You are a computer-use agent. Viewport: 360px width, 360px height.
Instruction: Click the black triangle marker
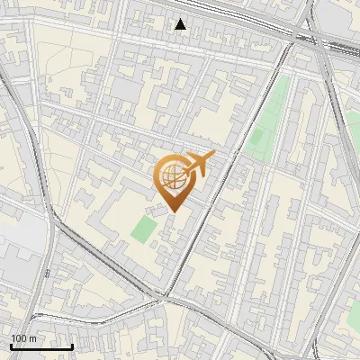(181, 24)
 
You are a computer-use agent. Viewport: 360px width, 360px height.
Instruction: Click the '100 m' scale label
(24, 338)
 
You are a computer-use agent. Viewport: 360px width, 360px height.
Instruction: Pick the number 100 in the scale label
(20, 338)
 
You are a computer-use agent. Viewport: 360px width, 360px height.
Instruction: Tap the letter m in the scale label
(32, 338)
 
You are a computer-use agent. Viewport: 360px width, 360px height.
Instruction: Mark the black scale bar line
(41, 346)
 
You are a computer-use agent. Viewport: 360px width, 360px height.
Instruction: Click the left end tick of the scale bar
(11, 345)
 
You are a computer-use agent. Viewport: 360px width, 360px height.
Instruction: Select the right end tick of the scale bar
(72, 345)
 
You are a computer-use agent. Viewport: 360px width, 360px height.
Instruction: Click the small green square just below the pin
(143, 229)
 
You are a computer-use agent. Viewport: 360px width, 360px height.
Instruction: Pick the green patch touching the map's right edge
(353, 310)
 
